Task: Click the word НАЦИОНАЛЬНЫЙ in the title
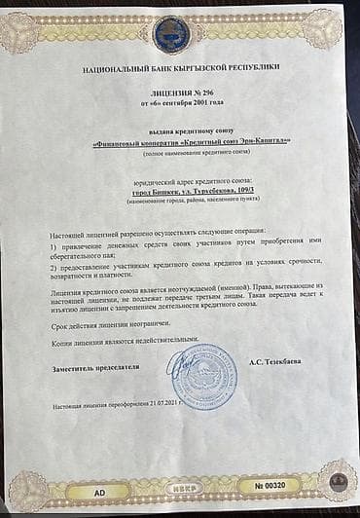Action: tap(114, 65)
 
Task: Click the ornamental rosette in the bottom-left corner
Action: tap(26, 492)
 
